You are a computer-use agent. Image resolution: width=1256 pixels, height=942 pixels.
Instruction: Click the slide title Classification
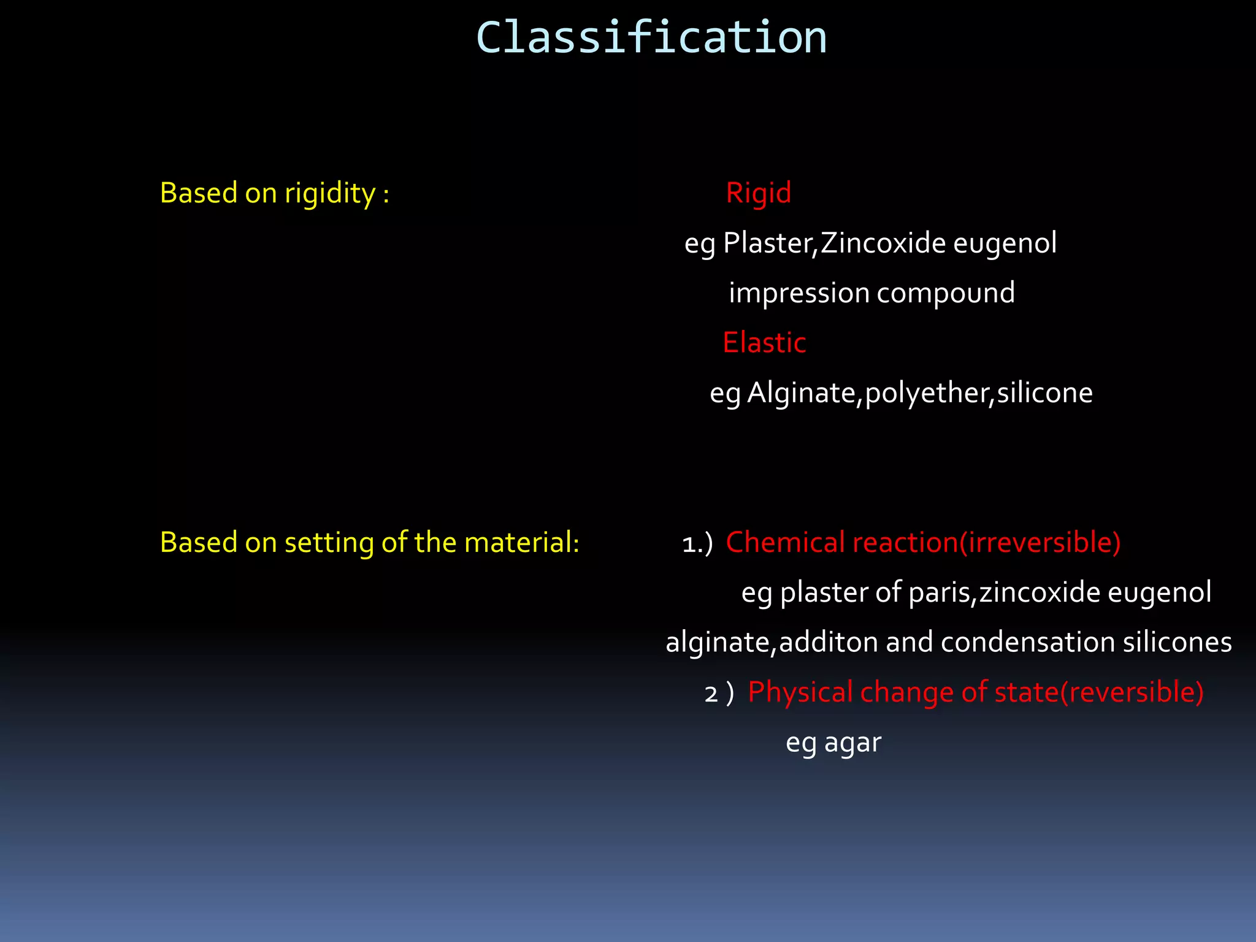click(x=651, y=38)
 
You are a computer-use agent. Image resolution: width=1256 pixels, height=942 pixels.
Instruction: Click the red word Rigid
click(x=759, y=193)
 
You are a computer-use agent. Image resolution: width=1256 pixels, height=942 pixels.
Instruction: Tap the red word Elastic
click(x=764, y=343)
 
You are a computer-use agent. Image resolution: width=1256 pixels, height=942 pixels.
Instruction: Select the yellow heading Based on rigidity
click(x=274, y=194)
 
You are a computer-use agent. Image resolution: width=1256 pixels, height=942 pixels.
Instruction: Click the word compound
click(x=946, y=293)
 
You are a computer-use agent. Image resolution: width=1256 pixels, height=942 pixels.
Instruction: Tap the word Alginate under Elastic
click(x=802, y=393)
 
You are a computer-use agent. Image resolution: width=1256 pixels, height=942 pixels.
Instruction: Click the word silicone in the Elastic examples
click(x=1044, y=393)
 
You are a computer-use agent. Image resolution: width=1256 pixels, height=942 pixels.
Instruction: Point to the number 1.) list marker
click(x=697, y=544)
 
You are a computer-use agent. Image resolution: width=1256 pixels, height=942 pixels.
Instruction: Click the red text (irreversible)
click(x=1040, y=543)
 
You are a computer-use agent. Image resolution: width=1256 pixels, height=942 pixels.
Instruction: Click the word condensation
click(x=1028, y=643)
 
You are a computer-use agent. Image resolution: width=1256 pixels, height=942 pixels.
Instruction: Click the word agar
click(x=852, y=743)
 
